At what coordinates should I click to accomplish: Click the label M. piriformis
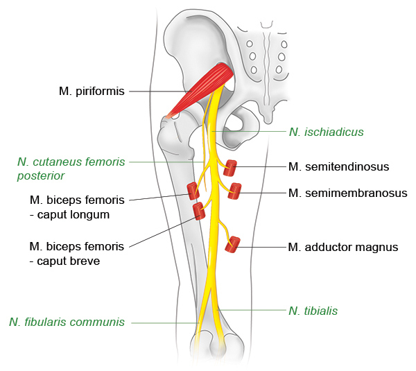pos(92,91)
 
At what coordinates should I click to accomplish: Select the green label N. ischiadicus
pos(326,131)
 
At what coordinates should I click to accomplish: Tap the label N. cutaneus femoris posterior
pos(71,169)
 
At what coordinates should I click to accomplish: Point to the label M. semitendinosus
pos(338,166)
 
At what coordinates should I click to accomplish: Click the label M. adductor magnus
pos(343,246)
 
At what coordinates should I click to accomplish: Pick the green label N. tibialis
pos(313,311)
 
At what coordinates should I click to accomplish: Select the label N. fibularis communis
pos(67,322)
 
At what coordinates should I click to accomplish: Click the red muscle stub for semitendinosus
pos(229,168)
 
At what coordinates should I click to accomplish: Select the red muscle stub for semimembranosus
pos(235,191)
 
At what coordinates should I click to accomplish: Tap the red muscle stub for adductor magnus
pos(234,244)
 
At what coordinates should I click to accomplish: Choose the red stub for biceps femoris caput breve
pos(199,211)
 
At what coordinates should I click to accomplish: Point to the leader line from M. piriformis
pos(156,91)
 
